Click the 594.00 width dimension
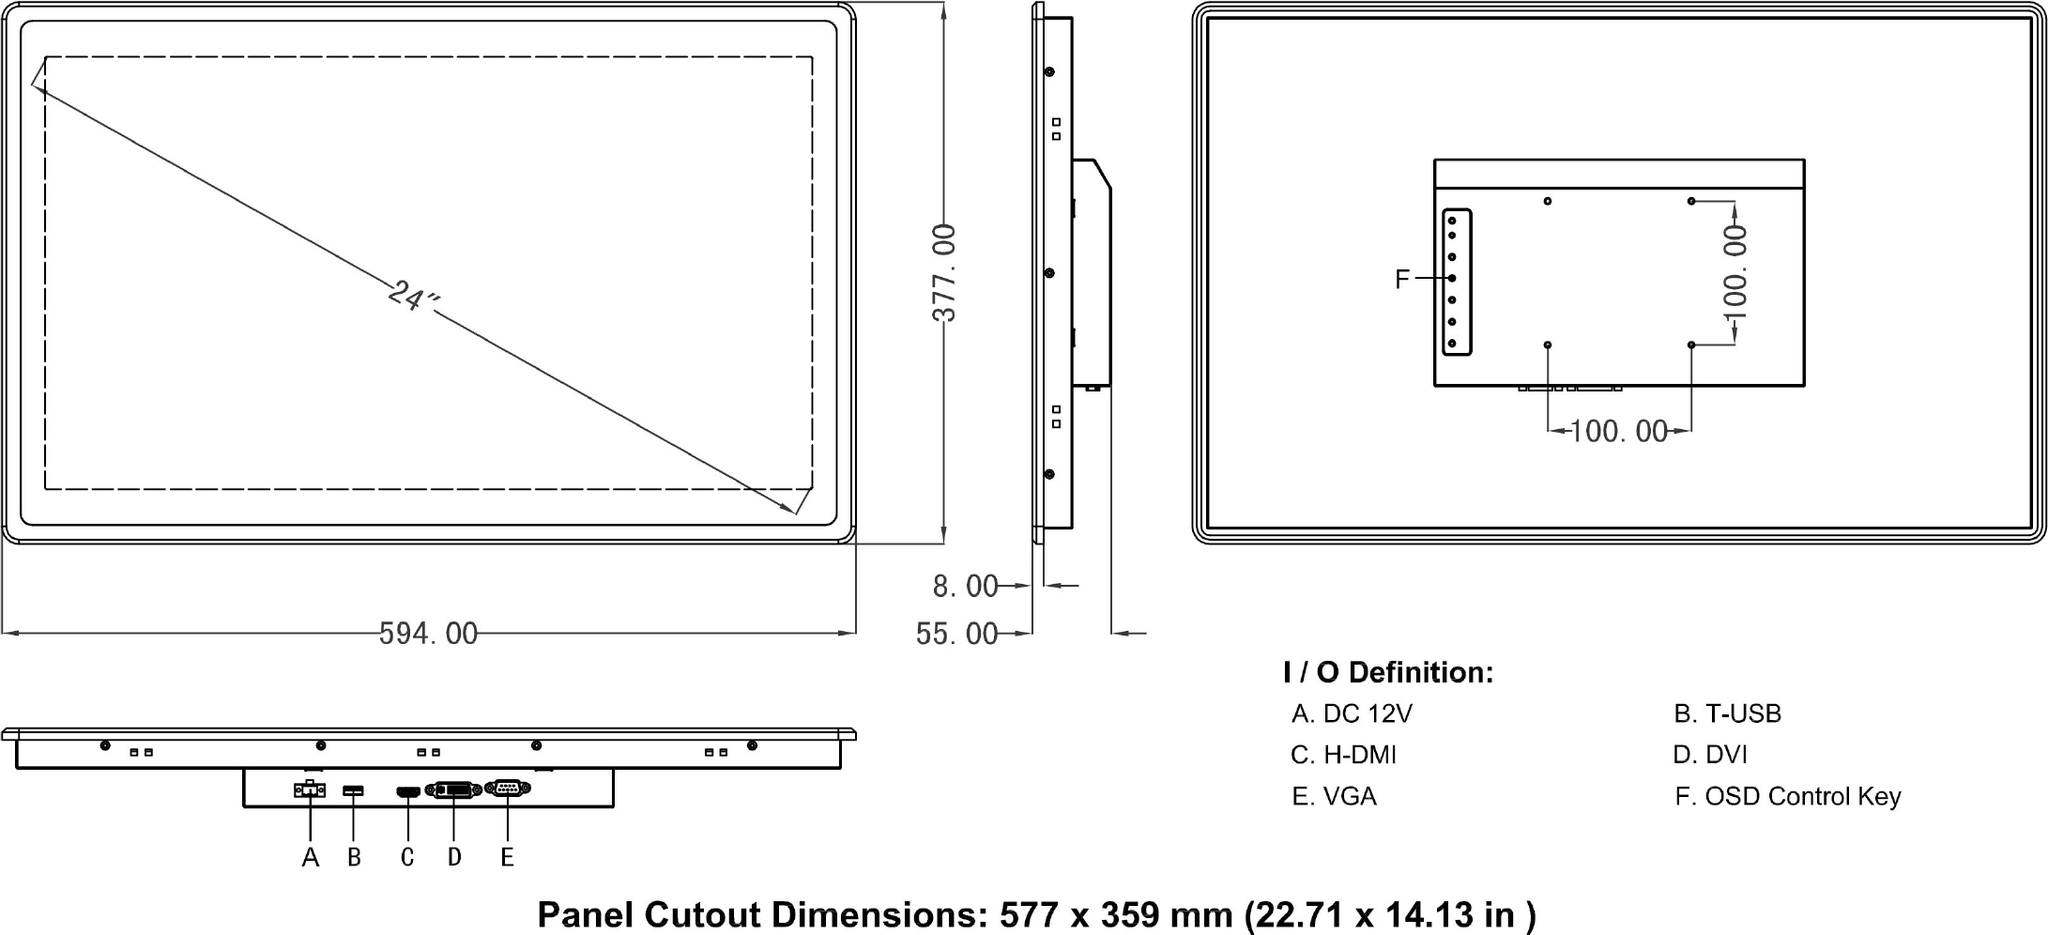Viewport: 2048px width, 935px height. pos(428,634)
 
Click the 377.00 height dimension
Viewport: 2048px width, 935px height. pos(944,272)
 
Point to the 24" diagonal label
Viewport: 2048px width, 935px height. pos(413,297)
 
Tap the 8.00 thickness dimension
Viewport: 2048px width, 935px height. pos(965,586)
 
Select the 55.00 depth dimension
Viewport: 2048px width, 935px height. pos(956,634)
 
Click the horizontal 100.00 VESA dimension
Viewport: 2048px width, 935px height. pos(1618,431)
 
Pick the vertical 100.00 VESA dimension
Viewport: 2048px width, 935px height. pos(1735,272)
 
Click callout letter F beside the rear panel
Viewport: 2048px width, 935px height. pos(1402,279)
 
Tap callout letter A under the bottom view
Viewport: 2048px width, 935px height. pos(311,857)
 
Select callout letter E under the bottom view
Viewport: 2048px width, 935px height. pos(508,857)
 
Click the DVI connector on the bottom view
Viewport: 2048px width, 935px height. pos(454,790)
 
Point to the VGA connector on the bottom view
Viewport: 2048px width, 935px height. pos(508,789)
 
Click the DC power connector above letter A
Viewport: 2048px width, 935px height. pos(309,789)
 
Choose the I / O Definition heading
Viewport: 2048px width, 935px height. pos(1387,672)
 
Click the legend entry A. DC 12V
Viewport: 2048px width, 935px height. pos(1352,714)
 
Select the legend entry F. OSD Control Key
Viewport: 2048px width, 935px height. pos(1788,797)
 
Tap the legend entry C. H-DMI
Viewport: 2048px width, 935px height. pos(1343,755)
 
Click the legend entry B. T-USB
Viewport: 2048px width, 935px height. pos(1727,714)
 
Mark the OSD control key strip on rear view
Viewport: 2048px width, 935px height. pos(1457,282)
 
